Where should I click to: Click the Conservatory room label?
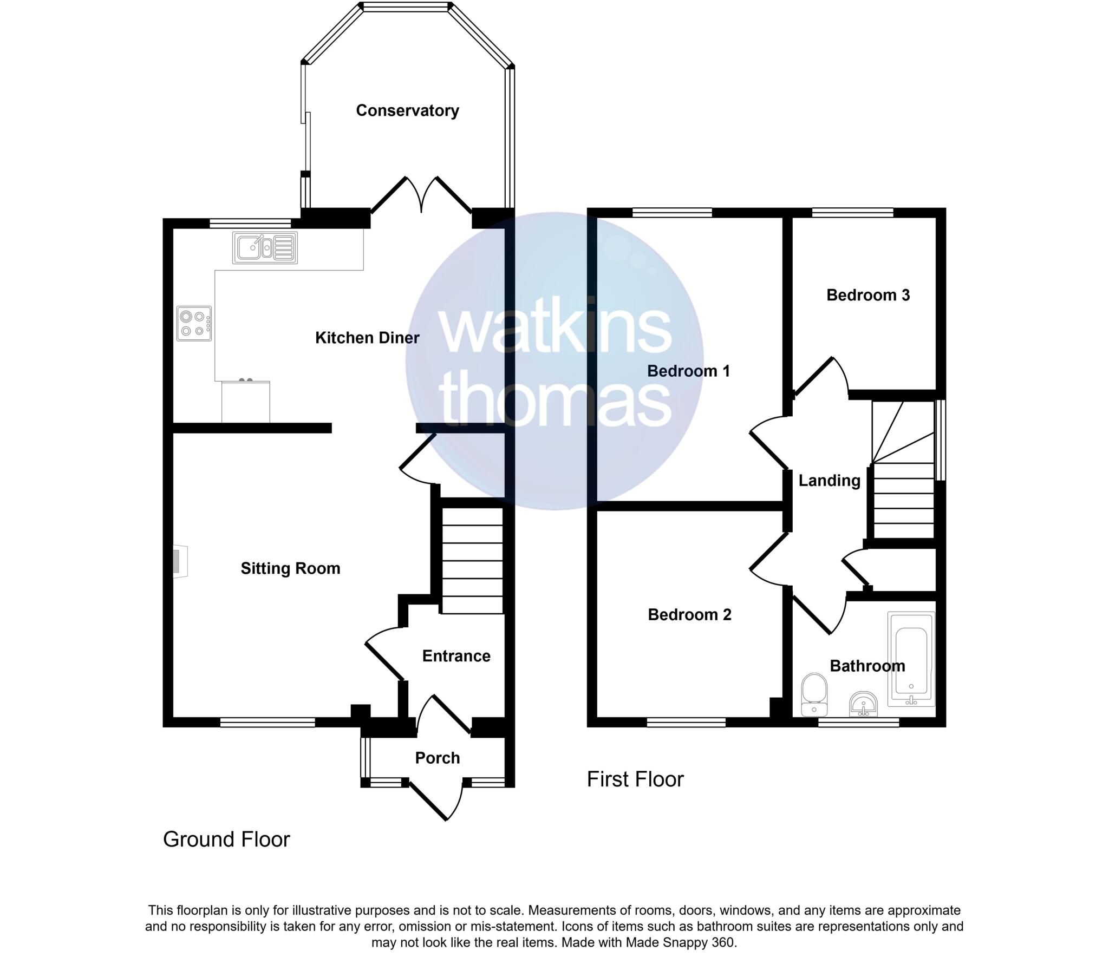click(x=407, y=110)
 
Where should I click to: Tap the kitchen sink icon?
click(x=264, y=248)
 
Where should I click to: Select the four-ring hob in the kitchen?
click(x=193, y=324)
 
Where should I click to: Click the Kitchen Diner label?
click(x=367, y=338)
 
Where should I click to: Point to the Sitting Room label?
click(x=290, y=568)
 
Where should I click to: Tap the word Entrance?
click(x=456, y=656)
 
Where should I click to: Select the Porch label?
click(x=437, y=758)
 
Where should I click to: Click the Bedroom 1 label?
click(x=688, y=371)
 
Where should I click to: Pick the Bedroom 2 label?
click(x=689, y=614)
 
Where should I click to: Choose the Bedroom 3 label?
click(x=867, y=296)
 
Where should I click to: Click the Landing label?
click(x=829, y=481)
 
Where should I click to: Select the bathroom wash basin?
click(x=863, y=703)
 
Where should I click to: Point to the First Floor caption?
click(x=635, y=780)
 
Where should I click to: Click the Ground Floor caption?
click(x=226, y=839)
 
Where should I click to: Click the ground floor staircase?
click(x=472, y=560)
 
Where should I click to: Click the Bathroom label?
click(x=867, y=666)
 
